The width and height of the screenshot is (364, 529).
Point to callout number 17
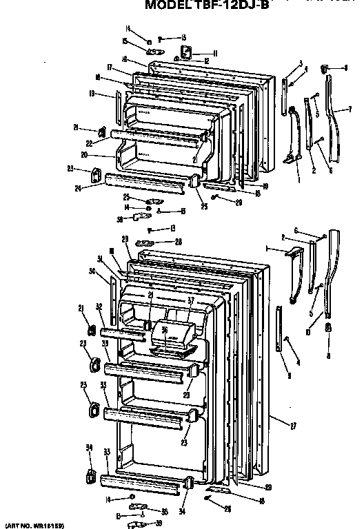[110, 66]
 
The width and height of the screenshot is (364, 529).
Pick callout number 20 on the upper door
[103, 155]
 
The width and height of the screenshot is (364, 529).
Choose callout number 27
[293, 426]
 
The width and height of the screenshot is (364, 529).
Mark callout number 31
[101, 259]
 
